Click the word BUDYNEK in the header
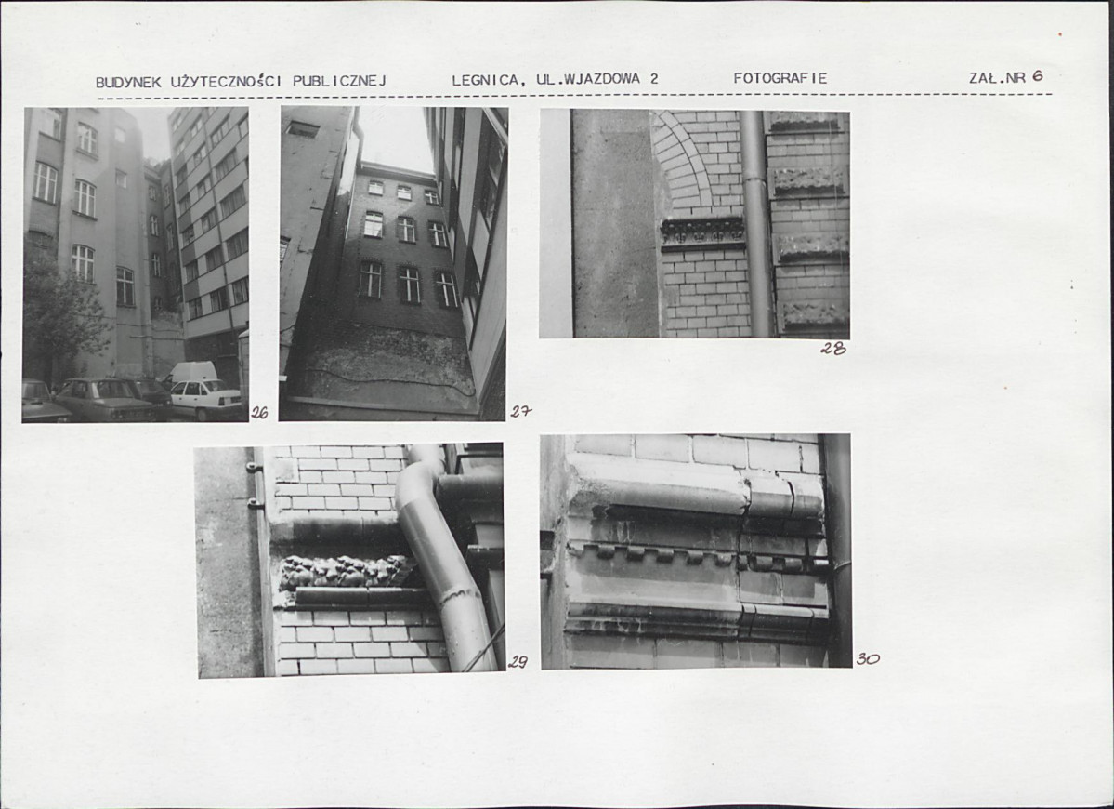point(128,83)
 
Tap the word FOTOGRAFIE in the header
point(780,78)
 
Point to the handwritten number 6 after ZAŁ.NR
point(1038,76)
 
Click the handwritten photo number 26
point(259,412)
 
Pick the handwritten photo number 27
point(520,411)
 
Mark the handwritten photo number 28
point(833,349)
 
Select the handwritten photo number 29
point(518,662)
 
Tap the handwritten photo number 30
point(868,659)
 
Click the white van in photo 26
point(191,372)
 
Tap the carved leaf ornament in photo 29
point(346,572)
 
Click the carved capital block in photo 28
point(702,232)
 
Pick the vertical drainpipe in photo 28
point(756,223)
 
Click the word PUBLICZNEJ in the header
point(340,81)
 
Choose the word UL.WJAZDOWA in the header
point(588,79)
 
